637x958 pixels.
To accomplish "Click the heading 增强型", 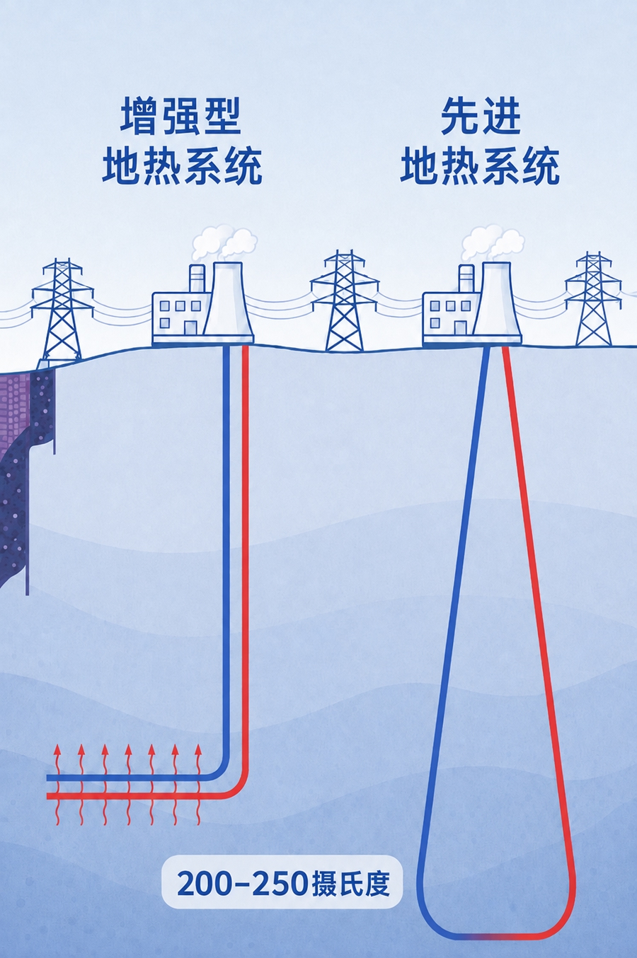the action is click(181, 117).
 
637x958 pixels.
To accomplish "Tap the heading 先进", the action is click(480, 117).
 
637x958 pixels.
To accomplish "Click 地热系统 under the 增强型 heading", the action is click(181, 166).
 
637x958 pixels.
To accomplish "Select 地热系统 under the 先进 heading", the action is click(480, 166).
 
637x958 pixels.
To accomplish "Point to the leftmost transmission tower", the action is click(63, 310).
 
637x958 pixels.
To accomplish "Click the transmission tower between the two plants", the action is click(345, 300).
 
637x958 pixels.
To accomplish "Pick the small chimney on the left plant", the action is click(197, 279).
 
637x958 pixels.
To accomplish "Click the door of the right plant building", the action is click(460, 328).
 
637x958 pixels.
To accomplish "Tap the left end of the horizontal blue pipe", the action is click(48, 777).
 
